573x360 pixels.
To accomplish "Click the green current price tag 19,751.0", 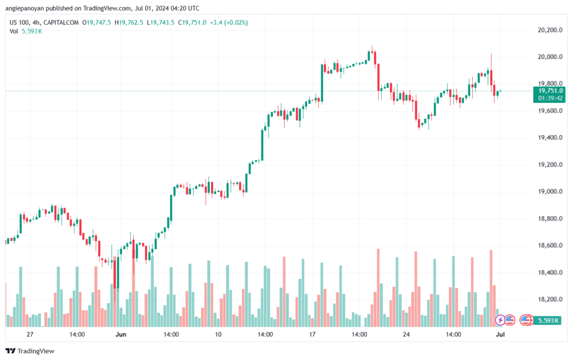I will (551, 91).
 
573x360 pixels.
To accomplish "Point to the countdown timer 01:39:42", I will (551, 98).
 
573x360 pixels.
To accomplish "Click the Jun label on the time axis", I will (121, 334).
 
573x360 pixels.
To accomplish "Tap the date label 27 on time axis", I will (30, 334).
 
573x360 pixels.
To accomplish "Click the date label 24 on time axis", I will (407, 334).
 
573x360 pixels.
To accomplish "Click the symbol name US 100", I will (20, 22).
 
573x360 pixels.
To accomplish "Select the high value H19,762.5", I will (128, 22).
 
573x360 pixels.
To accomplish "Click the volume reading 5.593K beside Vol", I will (32, 31).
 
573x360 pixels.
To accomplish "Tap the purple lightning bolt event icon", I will (501, 320).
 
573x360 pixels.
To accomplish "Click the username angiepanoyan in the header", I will (29, 8).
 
